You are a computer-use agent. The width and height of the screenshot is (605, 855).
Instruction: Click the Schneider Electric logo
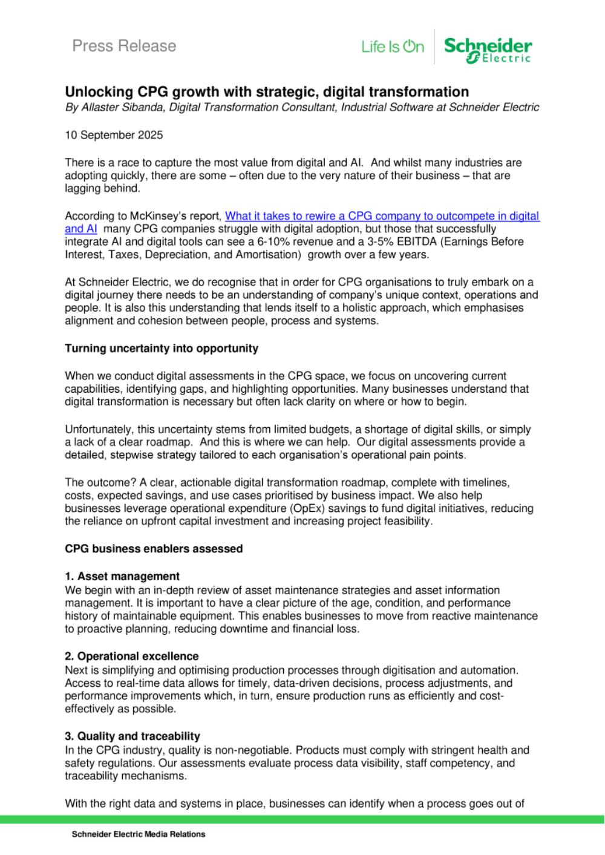(488, 48)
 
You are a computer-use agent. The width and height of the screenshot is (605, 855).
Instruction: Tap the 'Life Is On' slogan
(393, 47)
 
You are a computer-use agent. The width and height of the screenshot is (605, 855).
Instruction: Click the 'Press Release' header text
(124, 46)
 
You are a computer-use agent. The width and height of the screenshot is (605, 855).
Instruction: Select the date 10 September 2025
(114, 135)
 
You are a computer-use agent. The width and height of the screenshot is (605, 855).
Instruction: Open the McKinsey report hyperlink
(382, 216)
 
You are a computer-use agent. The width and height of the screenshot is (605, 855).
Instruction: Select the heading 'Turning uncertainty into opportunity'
(162, 349)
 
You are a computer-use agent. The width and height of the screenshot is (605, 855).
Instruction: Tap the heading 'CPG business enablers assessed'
(154, 549)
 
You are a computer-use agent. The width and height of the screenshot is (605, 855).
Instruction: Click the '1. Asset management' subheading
(122, 576)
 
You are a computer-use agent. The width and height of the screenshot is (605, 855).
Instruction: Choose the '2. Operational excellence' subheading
(132, 656)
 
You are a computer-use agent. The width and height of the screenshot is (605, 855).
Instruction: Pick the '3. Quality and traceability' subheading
(132, 736)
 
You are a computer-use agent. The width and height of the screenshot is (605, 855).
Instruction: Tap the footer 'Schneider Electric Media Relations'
(139, 834)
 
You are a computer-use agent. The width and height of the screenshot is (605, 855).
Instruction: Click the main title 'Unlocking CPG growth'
(267, 92)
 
